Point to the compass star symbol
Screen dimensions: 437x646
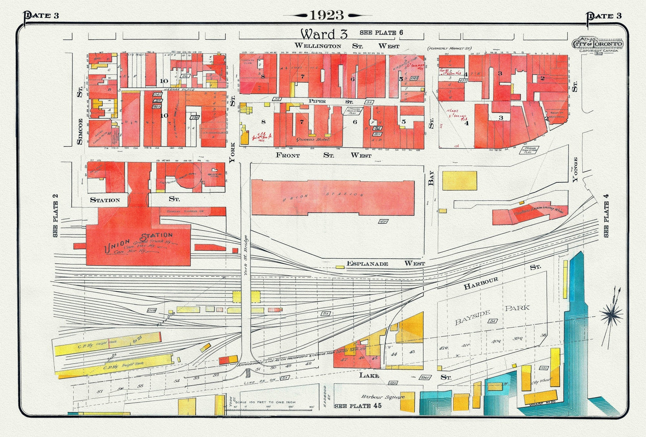[x=611, y=315]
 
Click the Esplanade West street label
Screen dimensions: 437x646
[x=385, y=264]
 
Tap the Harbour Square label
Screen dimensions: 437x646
[x=383, y=397]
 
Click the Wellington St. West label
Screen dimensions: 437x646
[x=346, y=46]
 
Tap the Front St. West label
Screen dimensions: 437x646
[x=323, y=155]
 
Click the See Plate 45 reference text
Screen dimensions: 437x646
[x=358, y=406]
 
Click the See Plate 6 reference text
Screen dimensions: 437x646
[x=381, y=33]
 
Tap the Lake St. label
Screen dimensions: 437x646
[x=405, y=376]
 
